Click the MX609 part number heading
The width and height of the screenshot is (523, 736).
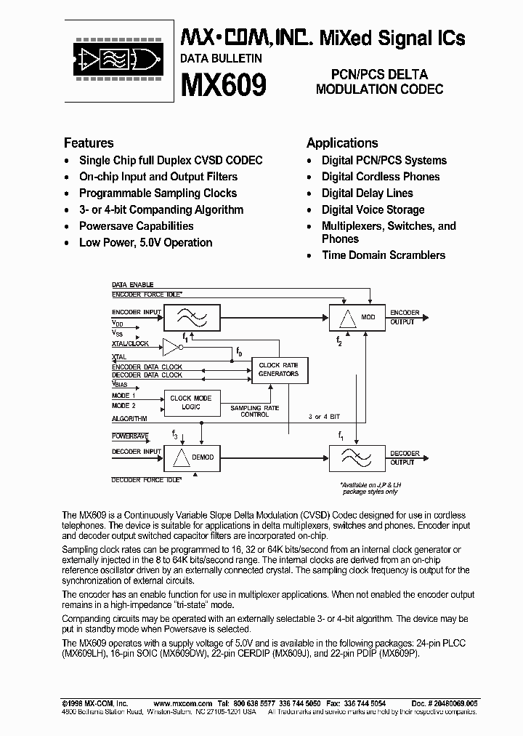point(223,85)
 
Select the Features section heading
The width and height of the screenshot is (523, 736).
point(89,143)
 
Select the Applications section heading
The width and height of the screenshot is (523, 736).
point(342,143)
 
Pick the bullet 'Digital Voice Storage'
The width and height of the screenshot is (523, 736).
point(373,209)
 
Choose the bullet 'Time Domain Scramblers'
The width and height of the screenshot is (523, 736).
point(384,255)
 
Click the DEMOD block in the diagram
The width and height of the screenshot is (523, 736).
point(190,457)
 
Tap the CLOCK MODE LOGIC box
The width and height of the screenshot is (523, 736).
point(191,403)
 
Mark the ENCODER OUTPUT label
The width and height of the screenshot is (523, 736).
point(405,317)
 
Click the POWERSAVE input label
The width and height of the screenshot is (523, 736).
point(130,436)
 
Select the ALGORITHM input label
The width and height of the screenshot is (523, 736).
point(129,419)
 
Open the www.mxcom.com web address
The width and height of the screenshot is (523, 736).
point(182,703)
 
